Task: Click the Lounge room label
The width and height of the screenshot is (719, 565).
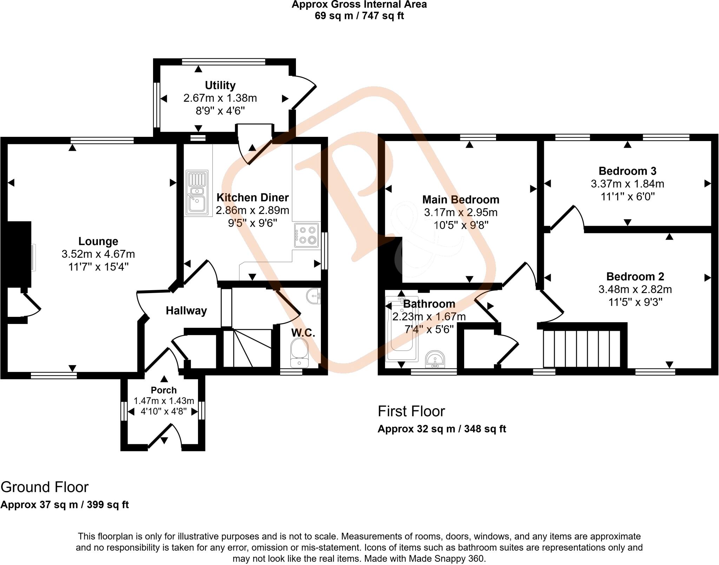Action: click(x=98, y=241)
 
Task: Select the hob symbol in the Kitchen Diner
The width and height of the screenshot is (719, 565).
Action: click(x=307, y=235)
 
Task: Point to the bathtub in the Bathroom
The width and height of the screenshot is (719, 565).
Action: click(x=400, y=330)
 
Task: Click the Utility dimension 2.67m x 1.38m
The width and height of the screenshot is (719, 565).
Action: click(x=220, y=98)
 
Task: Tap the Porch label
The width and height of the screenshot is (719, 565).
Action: click(x=164, y=390)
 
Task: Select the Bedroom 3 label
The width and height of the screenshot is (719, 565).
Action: click(x=627, y=171)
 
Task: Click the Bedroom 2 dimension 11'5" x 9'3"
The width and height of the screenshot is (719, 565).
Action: click(x=635, y=302)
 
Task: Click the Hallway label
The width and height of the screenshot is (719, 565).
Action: click(x=186, y=311)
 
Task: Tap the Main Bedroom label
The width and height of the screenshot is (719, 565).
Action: click(x=461, y=200)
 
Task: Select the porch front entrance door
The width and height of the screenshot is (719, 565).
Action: click(x=164, y=435)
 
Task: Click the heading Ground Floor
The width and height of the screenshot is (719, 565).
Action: click(x=45, y=487)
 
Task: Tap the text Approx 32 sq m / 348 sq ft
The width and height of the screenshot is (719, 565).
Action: click(x=442, y=429)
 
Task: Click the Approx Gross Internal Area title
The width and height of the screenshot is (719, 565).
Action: click(x=359, y=5)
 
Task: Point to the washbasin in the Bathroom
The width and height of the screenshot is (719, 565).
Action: click(x=435, y=360)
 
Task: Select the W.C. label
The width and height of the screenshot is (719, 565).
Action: click(x=303, y=333)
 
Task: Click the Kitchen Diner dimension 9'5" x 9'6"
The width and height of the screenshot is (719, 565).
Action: click(x=252, y=223)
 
